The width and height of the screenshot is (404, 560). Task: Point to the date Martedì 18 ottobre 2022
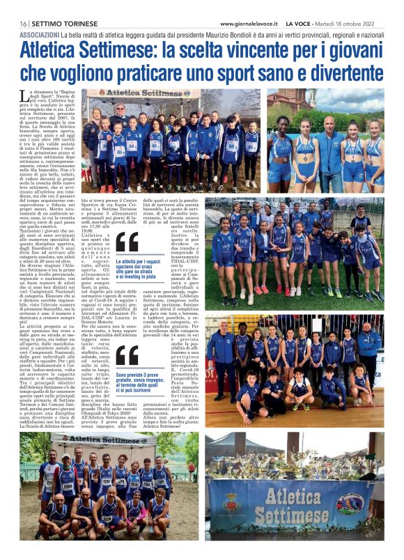[x=352, y=23]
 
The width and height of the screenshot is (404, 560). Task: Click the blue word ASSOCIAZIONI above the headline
[x=39, y=34]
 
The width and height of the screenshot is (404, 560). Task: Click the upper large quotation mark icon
[x=127, y=242]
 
